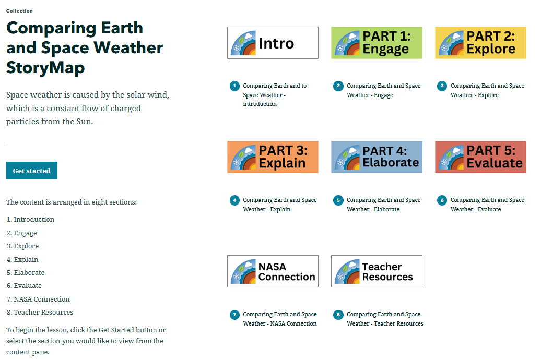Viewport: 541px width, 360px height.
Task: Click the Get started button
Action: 32,171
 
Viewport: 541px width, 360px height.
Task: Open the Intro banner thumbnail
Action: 273,43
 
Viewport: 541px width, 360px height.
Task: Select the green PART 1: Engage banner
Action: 377,43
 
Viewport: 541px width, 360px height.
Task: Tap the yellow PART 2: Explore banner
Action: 480,43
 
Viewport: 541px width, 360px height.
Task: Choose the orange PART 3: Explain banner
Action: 273,157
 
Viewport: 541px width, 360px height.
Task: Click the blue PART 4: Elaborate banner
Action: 377,157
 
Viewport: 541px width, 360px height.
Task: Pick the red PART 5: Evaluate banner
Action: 480,157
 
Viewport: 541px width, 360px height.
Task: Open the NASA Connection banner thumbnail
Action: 273,271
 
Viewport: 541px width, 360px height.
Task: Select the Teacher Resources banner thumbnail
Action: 377,271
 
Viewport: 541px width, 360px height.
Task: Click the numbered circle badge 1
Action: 234,86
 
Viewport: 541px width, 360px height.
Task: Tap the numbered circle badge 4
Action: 234,200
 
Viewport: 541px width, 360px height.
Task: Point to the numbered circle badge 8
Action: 338,315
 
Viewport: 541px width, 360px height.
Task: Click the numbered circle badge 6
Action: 442,200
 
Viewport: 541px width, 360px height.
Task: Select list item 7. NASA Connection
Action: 38,299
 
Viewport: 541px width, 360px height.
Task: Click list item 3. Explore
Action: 23,246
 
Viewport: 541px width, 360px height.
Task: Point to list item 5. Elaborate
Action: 26,272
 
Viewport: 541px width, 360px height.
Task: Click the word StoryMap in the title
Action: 45,68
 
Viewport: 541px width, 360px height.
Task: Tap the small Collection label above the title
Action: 19,11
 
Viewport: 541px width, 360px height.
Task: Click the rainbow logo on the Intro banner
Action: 243,43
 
